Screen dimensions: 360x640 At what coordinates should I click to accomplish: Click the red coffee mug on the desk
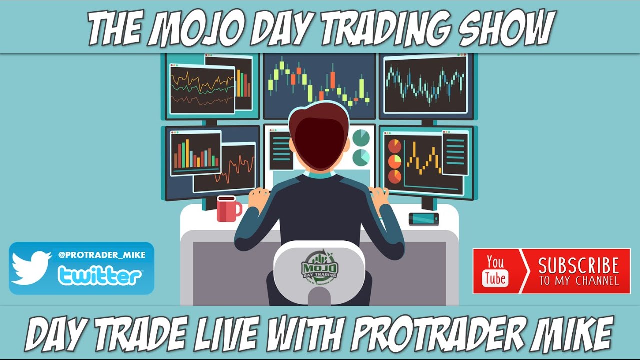point(228,209)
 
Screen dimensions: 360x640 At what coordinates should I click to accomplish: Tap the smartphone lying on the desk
point(423,219)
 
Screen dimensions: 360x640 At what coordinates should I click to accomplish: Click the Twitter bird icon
point(31,267)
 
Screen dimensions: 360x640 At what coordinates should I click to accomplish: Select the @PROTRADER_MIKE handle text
point(102,255)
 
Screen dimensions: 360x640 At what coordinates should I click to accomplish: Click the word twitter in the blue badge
point(100,275)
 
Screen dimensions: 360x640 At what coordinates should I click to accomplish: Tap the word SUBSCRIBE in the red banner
point(578,265)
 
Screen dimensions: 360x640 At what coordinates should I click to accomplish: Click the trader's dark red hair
point(319,137)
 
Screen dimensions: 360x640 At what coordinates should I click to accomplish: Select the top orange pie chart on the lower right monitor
point(395,146)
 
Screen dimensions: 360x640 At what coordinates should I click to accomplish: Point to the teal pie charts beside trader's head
point(361,147)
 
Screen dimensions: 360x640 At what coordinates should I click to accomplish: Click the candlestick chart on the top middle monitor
point(319,82)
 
